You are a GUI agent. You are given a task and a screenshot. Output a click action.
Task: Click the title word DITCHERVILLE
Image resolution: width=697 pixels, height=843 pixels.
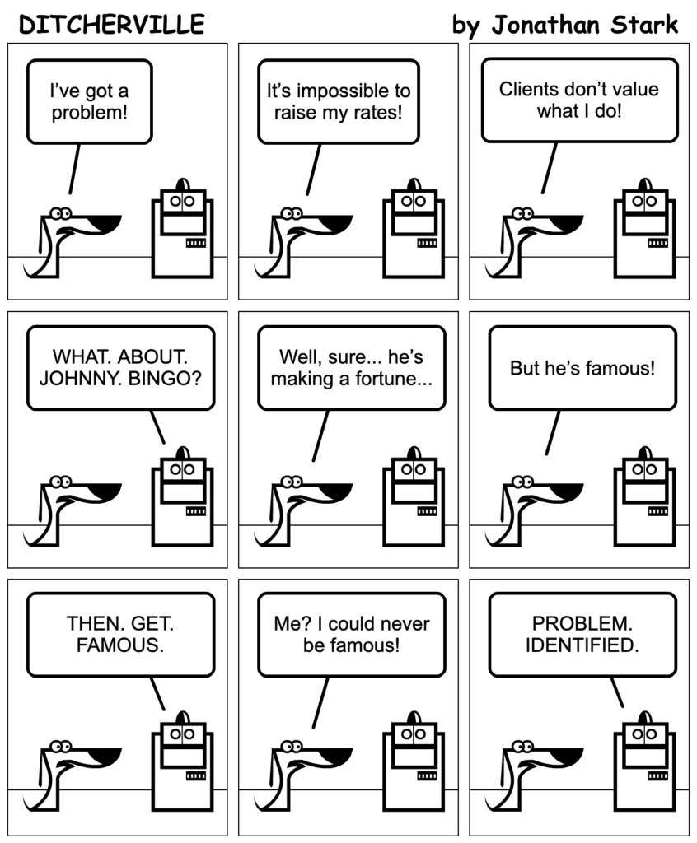111,24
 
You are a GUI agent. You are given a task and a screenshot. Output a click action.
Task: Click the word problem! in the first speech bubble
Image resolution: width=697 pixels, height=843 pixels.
89,113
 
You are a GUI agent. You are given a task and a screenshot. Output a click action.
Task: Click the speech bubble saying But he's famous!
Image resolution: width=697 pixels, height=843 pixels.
582,368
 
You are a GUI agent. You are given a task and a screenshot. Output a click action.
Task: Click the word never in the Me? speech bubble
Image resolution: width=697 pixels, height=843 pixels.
405,624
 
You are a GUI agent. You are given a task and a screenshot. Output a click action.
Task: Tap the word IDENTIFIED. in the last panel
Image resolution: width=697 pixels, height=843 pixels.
582,645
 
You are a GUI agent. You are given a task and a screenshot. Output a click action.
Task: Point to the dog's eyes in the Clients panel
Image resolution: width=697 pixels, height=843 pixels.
522,213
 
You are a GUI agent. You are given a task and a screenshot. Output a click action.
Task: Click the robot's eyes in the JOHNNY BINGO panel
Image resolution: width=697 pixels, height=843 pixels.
182,469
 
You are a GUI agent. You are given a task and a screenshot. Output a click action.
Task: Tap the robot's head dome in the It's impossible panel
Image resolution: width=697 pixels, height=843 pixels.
414,184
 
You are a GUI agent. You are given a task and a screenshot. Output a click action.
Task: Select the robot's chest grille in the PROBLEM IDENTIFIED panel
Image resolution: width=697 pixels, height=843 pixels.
657,775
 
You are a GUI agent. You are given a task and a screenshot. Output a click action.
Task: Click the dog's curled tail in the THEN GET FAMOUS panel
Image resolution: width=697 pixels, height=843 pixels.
32,802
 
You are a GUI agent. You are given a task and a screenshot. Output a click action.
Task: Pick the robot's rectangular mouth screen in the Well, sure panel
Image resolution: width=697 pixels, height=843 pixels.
414,491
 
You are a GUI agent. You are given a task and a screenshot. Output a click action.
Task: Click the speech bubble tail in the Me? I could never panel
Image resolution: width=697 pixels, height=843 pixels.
320,702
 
